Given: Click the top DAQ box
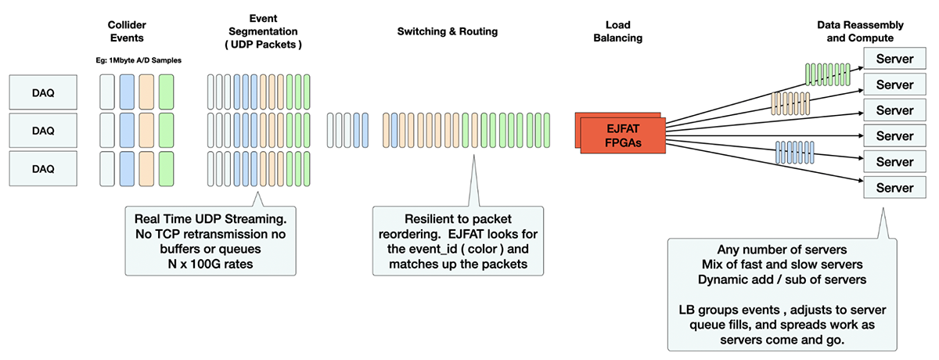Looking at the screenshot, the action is [43, 92].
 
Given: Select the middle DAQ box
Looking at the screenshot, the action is [43, 131].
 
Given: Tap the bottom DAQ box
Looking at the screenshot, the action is [43, 168].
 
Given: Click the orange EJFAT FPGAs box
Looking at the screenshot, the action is [623, 135].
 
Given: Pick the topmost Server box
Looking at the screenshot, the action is [894, 59].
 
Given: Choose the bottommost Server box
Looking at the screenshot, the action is [894, 187].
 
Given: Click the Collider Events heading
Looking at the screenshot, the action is [127, 31].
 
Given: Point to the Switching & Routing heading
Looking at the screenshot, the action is [448, 31].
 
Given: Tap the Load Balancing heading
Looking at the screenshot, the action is [618, 31].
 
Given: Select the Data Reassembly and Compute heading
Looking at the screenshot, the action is [860, 31].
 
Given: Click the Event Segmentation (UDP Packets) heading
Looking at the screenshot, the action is [263, 31].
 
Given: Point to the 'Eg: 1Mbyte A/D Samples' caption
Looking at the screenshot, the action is [139, 60].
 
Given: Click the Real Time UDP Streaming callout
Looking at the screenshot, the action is [210, 240].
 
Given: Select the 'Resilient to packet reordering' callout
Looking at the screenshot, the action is [459, 240].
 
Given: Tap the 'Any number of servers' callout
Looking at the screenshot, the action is [782, 294].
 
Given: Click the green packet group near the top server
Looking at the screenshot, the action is [828, 74].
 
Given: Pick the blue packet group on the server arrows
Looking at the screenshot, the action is [795, 152].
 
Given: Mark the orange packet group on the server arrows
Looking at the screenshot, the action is [790, 103].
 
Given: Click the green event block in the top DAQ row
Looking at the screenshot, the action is [166, 92].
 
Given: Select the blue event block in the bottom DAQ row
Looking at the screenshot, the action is [127, 169].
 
